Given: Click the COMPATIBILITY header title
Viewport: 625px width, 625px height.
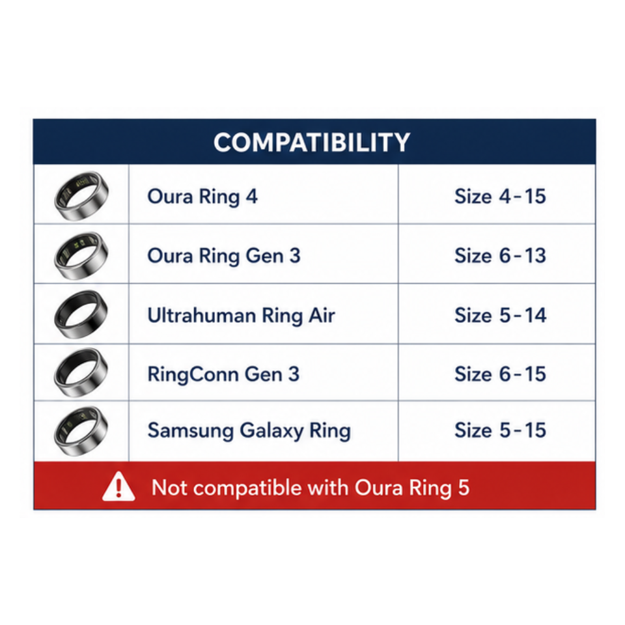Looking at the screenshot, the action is point(312,143).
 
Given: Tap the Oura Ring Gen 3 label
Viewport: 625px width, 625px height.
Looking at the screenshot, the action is point(224,256).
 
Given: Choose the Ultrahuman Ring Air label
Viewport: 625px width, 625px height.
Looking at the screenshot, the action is point(241,316).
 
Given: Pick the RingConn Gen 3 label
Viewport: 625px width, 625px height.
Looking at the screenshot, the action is point(223,374).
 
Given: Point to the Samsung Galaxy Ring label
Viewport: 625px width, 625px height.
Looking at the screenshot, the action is point(249,431).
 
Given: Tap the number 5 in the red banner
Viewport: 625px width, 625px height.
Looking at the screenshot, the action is point(464,488).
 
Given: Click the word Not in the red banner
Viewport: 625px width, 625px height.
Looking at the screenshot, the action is point(169,488).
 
